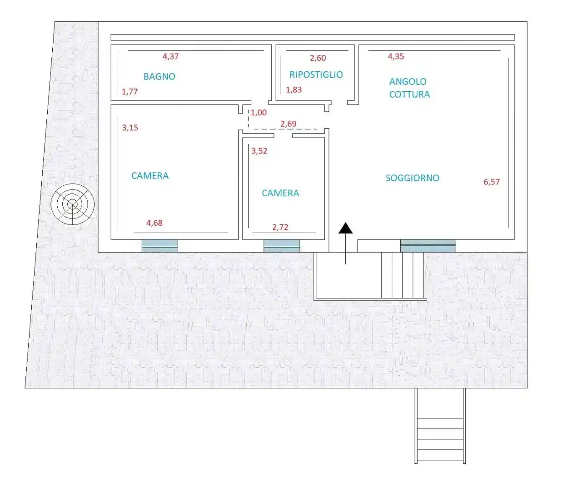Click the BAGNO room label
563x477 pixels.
tap(159, 76)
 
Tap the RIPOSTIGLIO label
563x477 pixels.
tap(316, 75)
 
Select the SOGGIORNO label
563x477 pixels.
tap(412, 178)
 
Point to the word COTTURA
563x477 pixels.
tap(409, 94)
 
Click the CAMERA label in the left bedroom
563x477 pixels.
tap(150, 176)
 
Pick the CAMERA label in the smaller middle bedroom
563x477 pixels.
tap(280, 193)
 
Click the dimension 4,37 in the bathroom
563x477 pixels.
tap(170, 56)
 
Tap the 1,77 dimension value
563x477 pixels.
tap(130, 91)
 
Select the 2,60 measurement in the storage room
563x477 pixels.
tap(318, 58)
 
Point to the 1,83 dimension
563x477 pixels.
tap(294, 89)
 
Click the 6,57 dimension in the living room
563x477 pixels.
tap(491, 182)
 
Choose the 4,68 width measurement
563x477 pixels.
tap(154, 223)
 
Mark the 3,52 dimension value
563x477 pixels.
tap(259, 151)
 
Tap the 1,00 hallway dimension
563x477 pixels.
tap(259, 113)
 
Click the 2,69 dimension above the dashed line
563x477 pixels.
tap(288, 124)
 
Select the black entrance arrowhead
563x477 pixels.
tap(345, 228)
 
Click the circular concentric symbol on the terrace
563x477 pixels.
tap(73, 204)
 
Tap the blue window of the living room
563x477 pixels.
tap(428, 246)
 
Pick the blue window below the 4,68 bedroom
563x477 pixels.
tap(159, 246)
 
